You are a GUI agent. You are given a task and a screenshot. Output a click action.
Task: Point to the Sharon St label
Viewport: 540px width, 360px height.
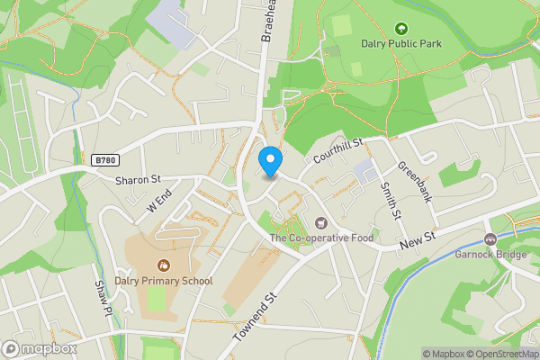coord(137,180)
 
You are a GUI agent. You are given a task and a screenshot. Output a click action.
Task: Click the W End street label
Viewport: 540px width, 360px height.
coord(159,202)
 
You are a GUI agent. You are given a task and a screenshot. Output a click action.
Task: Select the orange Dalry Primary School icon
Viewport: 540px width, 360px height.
coord(164,265)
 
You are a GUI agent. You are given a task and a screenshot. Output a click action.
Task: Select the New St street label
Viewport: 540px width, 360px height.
coord(418,236)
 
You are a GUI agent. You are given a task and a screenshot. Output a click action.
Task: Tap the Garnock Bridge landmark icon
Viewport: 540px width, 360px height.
coord(490,239)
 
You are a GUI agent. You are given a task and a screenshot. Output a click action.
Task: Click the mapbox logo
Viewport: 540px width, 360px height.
coord(39,348)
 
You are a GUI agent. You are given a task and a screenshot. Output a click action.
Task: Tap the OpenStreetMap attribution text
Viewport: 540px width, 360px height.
coord(499,354)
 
